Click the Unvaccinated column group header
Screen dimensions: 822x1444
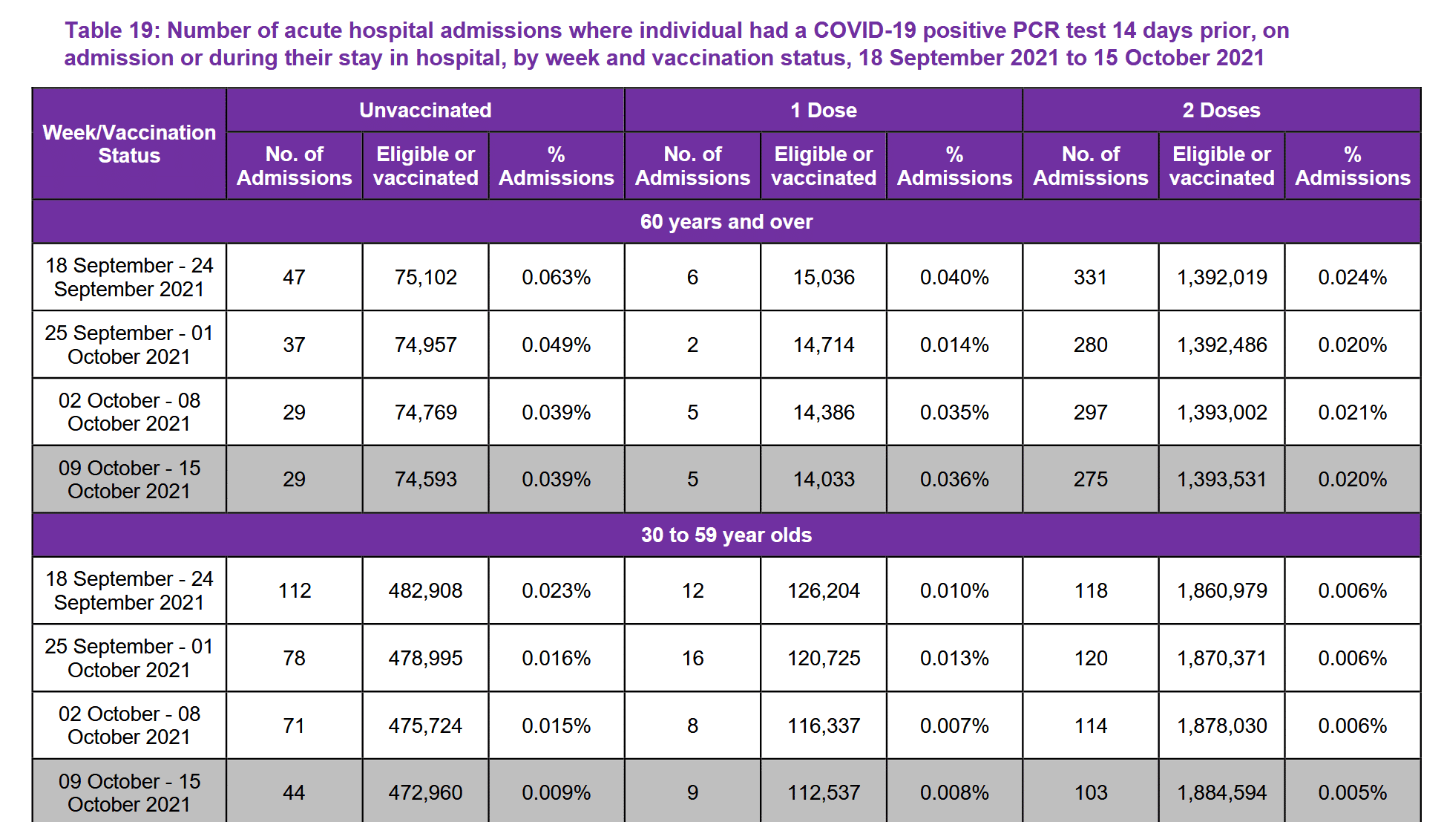pos(425,110)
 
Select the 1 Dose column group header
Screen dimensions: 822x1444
pos(823,110)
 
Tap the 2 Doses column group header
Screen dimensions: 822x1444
pos(1221,110)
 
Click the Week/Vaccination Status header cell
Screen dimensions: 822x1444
pos(129,144)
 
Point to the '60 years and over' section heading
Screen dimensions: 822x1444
pos(726,221)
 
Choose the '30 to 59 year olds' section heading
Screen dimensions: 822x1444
pos(726,535)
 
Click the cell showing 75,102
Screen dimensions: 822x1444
pos(425,277)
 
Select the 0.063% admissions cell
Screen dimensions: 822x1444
pos(556,277)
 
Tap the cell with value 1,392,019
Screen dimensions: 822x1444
pos(1221,277)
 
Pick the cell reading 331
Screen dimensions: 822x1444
pos(1090,277)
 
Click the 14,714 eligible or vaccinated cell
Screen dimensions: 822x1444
pos(823,345)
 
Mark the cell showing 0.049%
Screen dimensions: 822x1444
pos(556,345)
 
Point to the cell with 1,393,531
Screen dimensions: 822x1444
pos(1221,479)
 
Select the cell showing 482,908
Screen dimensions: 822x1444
pos(425,590)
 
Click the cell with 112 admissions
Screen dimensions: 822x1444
pos(294,590)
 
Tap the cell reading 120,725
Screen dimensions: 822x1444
pos(823,658)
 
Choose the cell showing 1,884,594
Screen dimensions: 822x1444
pos(1221,792)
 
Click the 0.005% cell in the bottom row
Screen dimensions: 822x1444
pos(1352,792)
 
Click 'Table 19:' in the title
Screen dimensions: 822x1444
pos(112,30)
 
